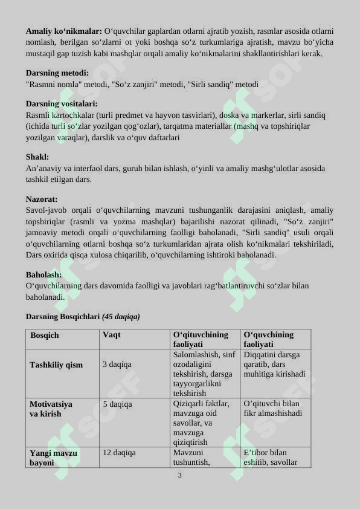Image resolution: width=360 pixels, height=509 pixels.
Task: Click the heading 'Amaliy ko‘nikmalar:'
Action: [64, 30]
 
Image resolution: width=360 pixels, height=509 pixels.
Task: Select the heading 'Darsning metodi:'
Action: [57, 73]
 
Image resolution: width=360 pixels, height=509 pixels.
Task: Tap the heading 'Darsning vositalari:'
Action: [62, 103]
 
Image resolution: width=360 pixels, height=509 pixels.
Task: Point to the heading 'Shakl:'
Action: [37, 157]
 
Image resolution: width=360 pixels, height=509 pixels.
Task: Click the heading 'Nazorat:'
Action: [42, 199]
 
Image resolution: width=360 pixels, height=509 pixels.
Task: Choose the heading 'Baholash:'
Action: [43, 274]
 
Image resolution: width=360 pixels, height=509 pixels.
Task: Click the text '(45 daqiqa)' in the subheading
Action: [121, 316]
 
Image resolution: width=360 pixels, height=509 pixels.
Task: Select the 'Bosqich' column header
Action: [45, 335]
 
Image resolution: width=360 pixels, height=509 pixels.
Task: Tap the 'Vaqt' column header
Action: [112, 334]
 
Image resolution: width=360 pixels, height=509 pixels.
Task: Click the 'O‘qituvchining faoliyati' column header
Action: [201, 339]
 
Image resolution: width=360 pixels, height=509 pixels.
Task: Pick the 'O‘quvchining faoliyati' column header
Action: [269, 339]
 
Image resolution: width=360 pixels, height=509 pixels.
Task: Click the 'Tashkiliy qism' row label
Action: [56, 365]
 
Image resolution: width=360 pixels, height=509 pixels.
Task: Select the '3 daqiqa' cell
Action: [117, 365]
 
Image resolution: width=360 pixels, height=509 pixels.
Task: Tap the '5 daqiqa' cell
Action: [117, 404]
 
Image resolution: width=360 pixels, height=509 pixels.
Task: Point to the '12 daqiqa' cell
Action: [119, 452]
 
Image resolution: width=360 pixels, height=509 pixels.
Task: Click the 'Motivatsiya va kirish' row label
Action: [51, 409]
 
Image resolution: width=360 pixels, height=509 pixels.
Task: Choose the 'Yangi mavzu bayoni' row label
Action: [53, 458]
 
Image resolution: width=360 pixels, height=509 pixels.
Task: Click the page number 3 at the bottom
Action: [179, 475]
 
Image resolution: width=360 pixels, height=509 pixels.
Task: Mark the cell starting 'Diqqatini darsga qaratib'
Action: [274, 365]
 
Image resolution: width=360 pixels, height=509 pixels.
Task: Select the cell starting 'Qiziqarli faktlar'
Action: [201, 423]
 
